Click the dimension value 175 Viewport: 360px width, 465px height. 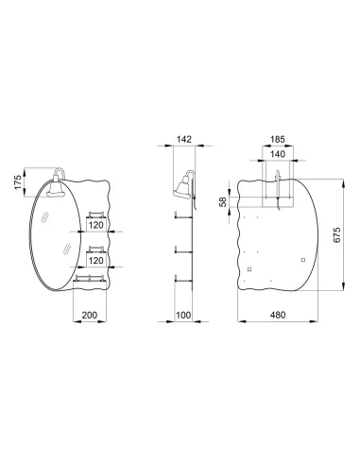(18, 182)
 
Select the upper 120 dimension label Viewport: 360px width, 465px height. (95, 225)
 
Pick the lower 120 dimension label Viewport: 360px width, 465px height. (95, 260)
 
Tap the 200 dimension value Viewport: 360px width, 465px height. (90, 315)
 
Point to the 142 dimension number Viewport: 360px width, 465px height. (184, 139)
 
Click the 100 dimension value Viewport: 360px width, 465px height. (183, 315)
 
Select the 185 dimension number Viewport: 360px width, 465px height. (278, 139)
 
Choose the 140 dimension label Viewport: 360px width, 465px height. (278, 154)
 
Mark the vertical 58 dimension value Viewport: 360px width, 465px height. (223, 201)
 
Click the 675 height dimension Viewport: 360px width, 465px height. (336, 234)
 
